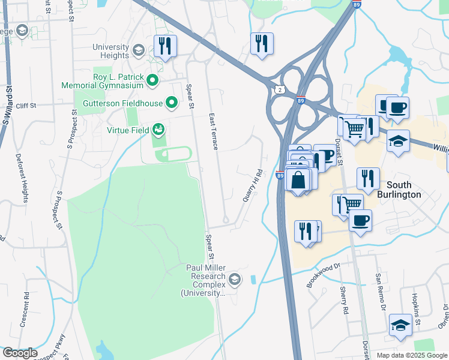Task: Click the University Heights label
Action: tap(110, 52)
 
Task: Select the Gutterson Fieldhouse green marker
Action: tap(170, 103)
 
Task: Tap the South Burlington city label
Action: tap(399, 190)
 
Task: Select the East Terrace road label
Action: tap(213, 131)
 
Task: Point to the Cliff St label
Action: tap(26, 106)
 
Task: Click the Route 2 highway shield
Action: tap(280, 89)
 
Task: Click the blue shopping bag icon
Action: tap(298, 179)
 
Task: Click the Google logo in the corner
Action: tap(19, 353)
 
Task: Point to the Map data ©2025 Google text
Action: tap(412, 355)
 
